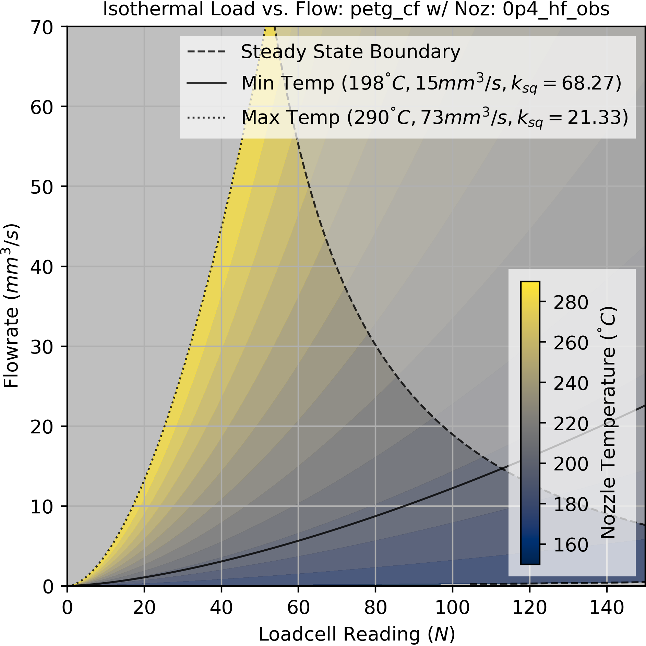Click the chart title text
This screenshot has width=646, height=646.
click(356, 10)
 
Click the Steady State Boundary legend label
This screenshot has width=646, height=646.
click(350, 52)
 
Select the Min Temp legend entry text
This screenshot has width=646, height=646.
click(431, 84)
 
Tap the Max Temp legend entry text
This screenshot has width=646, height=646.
click(434, 118)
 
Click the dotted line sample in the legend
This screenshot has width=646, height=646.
click(206, 118)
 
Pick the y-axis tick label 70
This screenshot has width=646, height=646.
click(42, 27)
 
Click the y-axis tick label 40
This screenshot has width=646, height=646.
click(42, 267)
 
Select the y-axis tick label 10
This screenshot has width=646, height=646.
click(42, 506)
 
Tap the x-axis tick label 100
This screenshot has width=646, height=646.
click(452, 608)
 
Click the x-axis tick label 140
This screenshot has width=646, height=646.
click(607, 608)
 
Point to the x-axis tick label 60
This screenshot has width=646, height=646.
click(298, 608)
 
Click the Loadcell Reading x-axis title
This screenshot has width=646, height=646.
click(357, 634)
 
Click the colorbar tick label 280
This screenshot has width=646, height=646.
click(571, 302)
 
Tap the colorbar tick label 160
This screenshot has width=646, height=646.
click(571, 545)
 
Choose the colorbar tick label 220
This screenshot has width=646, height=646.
click(571, 424)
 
